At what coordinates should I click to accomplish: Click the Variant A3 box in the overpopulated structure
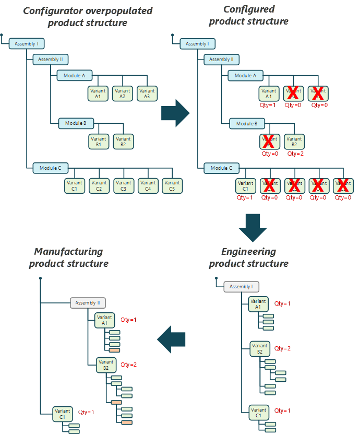pos(147,93)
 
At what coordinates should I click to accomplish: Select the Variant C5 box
pos(172,185)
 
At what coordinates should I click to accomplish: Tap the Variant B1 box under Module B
pos(99,142)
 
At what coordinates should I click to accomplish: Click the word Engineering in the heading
pos(249,252)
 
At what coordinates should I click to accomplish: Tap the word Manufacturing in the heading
pos(68,252)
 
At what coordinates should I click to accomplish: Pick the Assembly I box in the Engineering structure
pos(241,287)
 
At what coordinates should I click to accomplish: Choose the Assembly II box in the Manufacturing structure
pos(88,303)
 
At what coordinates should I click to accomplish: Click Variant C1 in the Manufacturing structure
pos(62,414)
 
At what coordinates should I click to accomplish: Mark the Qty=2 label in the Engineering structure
pos(282,348)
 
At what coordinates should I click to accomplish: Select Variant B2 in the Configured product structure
pos(294,142)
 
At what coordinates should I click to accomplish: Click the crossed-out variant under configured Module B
pos(269,142)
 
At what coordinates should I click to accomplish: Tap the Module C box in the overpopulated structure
pos(51,168)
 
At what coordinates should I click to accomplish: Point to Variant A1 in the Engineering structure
pos(258,304)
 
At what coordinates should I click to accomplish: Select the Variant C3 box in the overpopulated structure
pos(123,185)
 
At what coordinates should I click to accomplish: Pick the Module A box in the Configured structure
pos(245,76)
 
